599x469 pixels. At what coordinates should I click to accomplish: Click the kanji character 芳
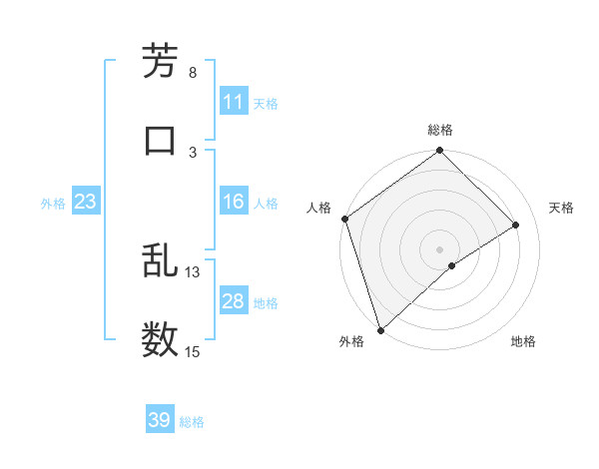tap(161, 61)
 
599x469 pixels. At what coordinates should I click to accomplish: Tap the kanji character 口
tap(161, 139)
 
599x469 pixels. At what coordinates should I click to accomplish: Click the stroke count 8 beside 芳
tap(192, 73)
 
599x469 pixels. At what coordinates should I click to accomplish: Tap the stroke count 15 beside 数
tap(192, 351)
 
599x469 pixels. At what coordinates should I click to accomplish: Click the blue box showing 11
tap(233, 102)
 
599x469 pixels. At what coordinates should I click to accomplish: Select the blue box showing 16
tap(233, 202)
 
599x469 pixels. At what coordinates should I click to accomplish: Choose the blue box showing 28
tap(233, 301)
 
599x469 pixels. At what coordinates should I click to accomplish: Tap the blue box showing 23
tap(85, 202)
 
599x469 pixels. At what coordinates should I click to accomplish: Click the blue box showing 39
tap(159, 420)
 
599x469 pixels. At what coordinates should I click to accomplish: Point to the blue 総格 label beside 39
tap(192, 422)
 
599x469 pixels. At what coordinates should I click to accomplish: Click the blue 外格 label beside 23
tap(53, 204)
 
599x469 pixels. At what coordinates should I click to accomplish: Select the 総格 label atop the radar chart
tap(439, 130)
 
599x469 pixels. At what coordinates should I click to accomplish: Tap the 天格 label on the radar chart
tap(562, 208)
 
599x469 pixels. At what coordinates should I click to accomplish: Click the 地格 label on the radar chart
tap(523, 341)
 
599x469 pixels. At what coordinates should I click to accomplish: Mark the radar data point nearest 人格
tap(344, 219)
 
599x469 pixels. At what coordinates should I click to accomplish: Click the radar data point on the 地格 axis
tap(452, 265)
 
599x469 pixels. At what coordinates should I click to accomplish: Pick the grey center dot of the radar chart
tap(439, 248)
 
